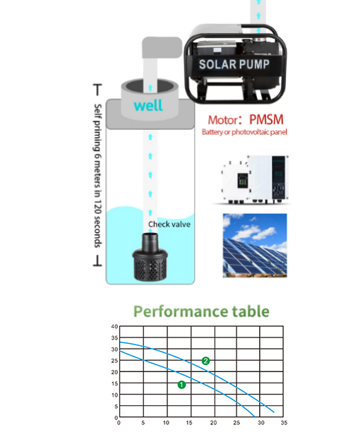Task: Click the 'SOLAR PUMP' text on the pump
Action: (234, 64)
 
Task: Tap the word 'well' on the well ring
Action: (148, 105)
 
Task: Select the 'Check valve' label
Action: (169, 224)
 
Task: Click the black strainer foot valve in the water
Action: (150, 256)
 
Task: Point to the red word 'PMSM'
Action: (266, 119)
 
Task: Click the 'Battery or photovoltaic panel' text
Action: (244, 132)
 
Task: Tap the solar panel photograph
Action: (255, 245)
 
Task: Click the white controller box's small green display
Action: (242, 180)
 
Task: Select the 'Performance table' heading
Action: (201, 311)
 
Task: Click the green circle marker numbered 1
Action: (181, 385)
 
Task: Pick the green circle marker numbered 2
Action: (205, 361)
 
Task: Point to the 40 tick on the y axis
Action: (114, 327)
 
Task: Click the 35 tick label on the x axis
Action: (284, 423)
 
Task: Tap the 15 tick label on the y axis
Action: (114, 383)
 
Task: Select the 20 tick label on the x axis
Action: (213, 423)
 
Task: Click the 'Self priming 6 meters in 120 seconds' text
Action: (98, 176)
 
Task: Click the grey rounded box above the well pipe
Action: (162, 48)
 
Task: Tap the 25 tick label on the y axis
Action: (114, 361)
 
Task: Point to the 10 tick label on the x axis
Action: (166, 423)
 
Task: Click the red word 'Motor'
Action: (223, 120)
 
